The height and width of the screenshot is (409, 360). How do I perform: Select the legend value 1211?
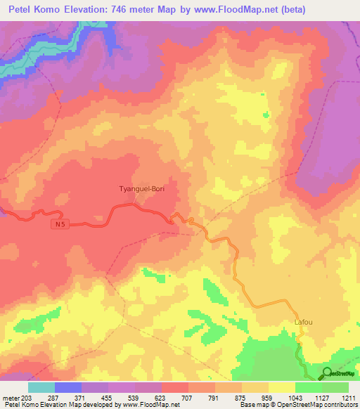click(349, 397)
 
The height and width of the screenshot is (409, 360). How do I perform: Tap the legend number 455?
click(109, 397)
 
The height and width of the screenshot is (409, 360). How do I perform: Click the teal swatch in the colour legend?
click(41, 387)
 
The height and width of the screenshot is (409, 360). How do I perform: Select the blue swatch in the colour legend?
click(68, 387)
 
